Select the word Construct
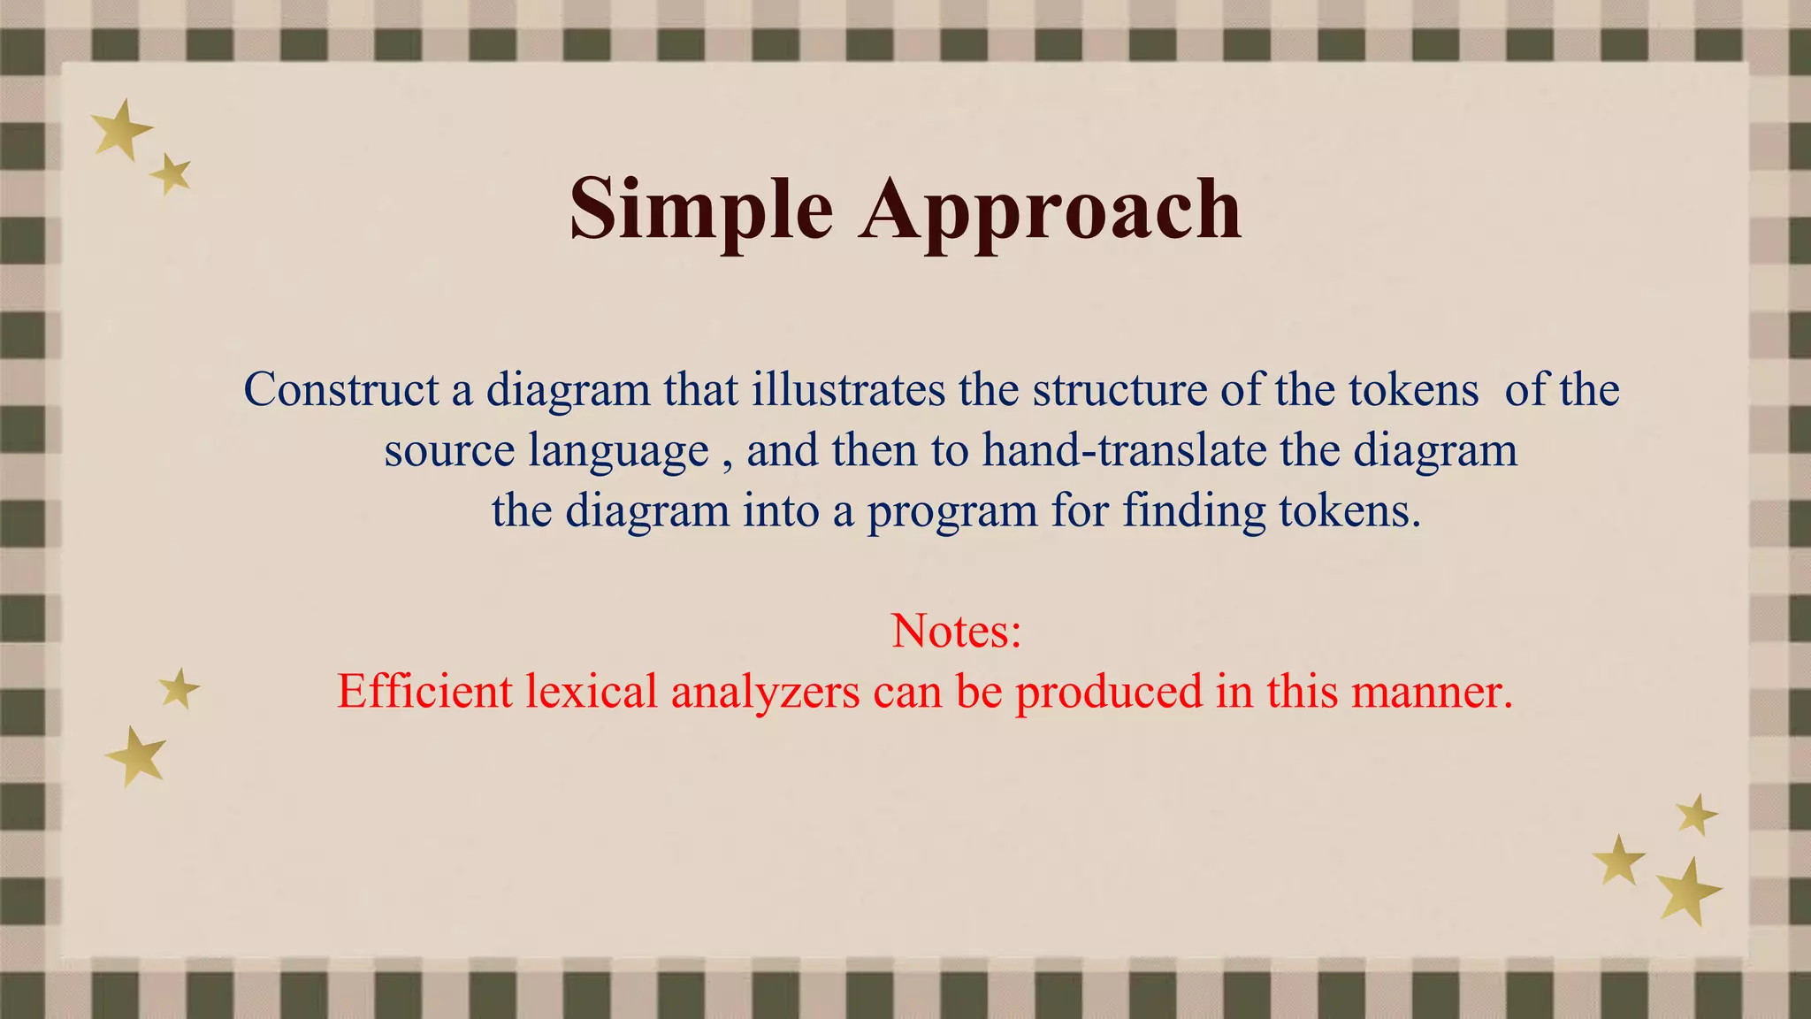pyautogui.click(x=341, y=389)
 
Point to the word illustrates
pyautogui.click(x=848, y=389)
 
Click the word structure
pyautogui.click(x=1119, y=389)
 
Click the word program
pyautogui.click(x=952, y=510)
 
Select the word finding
pyautogui.click(x=1194, y=510)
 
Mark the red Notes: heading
pyautogui.click(x=956, y=631)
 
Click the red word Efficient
pyautogui.click(x=424, y=691)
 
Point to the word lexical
pyautogui.click(x=592, y=691)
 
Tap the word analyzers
pyautogui.click(x=765, y=691)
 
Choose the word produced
pyautogui.click(x=1109, y=691)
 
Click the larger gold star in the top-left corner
pyautogui.click(x=122, y=130)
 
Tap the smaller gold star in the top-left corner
pyautogui.click(x=172, y=174)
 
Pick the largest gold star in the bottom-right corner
pyautogui.click(x=1688, y=890)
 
